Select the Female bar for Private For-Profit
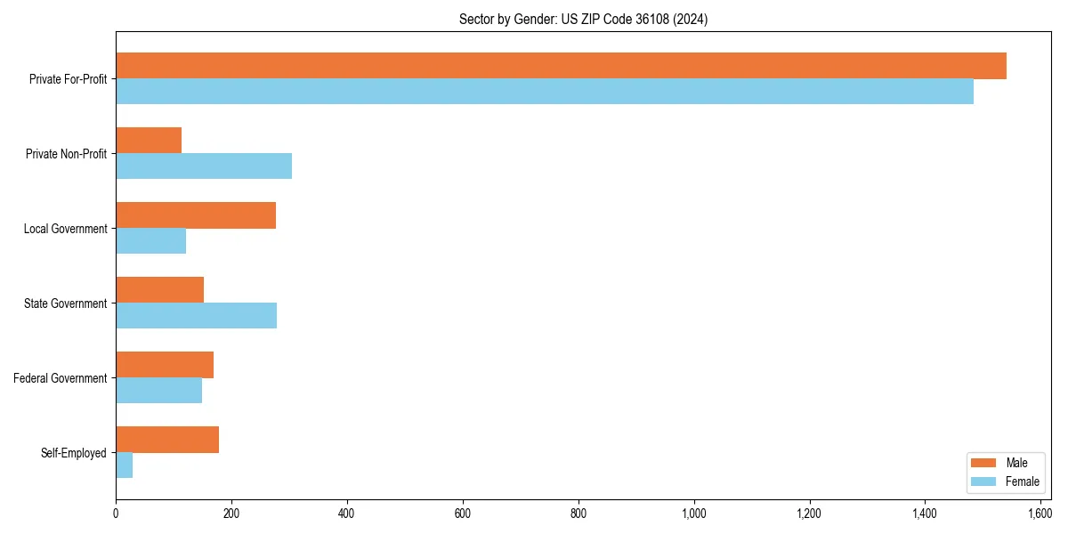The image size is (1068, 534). pyautogui.click(x=545, y=92)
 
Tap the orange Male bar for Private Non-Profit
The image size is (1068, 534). pyautogui.click(x=149, y=141)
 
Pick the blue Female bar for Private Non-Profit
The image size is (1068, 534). pyautogui.click(x=204, y=166)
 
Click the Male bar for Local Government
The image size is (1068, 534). pyautogui.click(x=196, y=215)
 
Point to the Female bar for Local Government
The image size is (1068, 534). pyautogui.click(x=151, y=241)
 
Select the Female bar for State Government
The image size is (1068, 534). pyautogui.click(x=196, y=316)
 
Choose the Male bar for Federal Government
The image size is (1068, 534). pyautogui.click(x=165, y=365)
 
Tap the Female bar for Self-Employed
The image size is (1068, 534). pyautogui.click(x=125, y=465)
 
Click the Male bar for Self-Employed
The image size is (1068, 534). pyautogui.click(x=167, y=440)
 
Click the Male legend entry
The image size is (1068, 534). pyautogui.click(x=1003, y=463)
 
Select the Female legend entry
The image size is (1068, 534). pyautogui.click(x=1003, y=481)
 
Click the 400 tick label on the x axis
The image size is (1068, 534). pyautogui.click(x=347, y=514)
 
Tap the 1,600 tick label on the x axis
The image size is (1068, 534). pyautogui.click(x=1040, y=514)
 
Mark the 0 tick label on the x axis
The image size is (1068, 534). pyautogui.click(x=116, y=514)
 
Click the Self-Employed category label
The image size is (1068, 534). pyautogui.click(x=74, y=453)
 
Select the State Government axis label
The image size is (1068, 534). pyautogui.click(x=66, y=303)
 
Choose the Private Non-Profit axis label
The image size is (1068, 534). pyautogui.click(x=66, y=154)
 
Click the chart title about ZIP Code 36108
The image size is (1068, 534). pyautogui.click(x=583, y=19)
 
